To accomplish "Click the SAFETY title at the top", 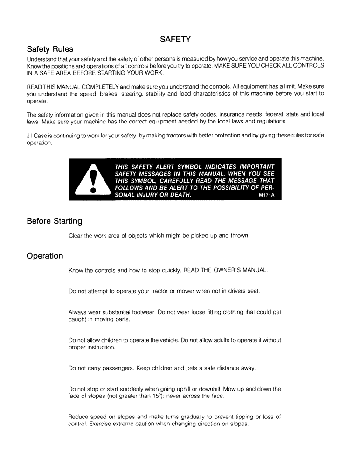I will tap(174, 39).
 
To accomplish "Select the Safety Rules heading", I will tap(50, 49).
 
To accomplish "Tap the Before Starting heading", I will tap(54, 220).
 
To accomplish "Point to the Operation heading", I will tap(45, 256).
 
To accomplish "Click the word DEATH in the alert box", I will tap(180, 195).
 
